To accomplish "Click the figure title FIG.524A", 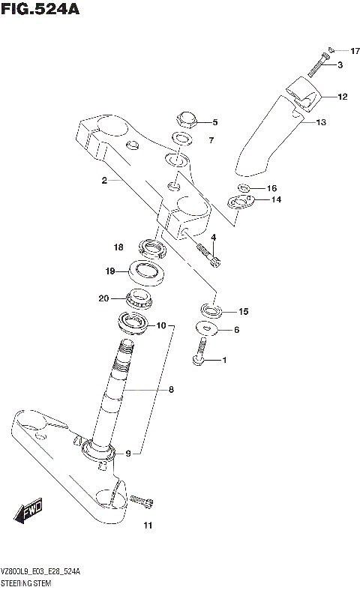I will [40, 10].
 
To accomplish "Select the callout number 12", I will [342, 97].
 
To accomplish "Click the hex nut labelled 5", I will [185, 120].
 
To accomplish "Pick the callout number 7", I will [211, 140].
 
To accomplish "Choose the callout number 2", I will [105, 181].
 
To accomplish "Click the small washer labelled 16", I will [244, 187].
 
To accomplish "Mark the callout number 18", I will [118, 247].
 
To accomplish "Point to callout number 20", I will [103, 298].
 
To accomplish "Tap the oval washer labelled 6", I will [205, 327].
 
